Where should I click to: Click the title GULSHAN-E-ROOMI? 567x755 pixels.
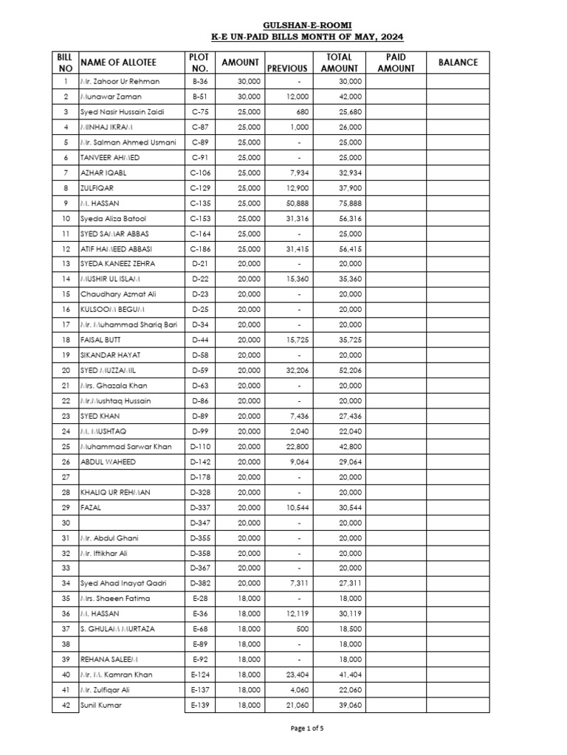pyautogui.click(x=307, y=24)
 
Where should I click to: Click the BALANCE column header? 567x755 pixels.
pyautogui.click(x=458, y=63)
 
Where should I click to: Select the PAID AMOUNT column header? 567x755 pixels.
pyautogui.click(x=396, y=63)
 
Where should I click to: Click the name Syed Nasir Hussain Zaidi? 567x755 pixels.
pyautogui.click(x=123, y=112)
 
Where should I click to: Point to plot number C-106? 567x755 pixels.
pyautogui.click(x=201, y=173)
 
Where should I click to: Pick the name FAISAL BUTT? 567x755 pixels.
pyautogui.click(x=101, y=340)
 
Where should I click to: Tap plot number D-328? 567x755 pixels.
pyautogui.click(x=201, y=492)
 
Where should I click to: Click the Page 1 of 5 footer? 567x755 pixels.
pyautogui.click(x=307, y=728)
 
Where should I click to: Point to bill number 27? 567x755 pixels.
pyautogui.click(x=66, y=477)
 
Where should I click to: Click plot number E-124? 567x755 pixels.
pyautogui.click(x=201, y=675)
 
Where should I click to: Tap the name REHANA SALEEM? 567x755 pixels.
pyautogui.click(x=108, y=659)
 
